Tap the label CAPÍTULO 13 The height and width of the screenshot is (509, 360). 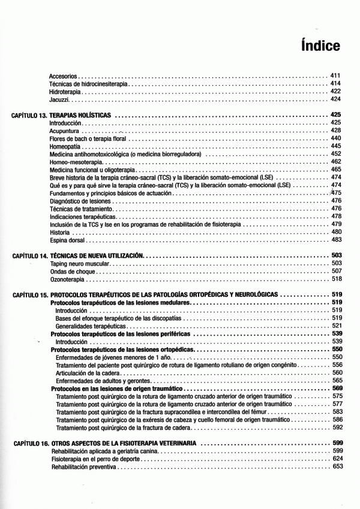(x=29, y=115)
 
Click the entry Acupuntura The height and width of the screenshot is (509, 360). (x=64, y=130)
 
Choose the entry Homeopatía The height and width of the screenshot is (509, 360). (x=65, y=146)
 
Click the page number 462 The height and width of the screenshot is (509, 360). (x=336, y=162)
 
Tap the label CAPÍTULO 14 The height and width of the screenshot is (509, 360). (x=29, y=256)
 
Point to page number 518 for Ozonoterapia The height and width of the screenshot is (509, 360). (x=336, y=279)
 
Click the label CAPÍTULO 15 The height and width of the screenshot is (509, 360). (x=29, y=295)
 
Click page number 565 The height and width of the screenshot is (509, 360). (x=337, y=380)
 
